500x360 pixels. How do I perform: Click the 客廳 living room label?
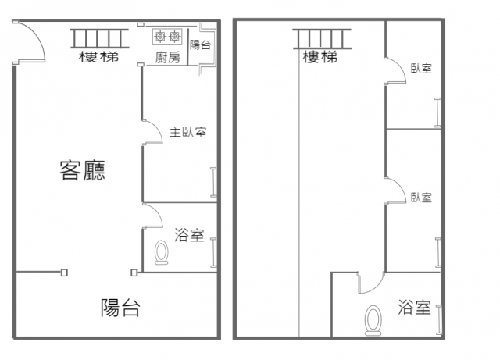[x=82, y=170]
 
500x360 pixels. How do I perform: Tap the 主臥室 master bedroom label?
[x=187, y=132]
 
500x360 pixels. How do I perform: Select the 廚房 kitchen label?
[x=168, y=58]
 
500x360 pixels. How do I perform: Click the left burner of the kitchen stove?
[x=160, y=37]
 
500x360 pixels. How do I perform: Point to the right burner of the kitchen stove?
[x=174, y=37]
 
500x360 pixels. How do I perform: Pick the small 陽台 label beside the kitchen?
[x=200, y=45]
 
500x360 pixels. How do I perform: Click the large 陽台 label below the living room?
[x=120, y=308]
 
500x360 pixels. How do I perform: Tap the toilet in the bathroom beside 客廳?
[x=162, y=252]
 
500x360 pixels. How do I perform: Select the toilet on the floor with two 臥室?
[x=373, y=320]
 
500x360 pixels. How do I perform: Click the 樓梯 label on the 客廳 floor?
[x=99, y=57]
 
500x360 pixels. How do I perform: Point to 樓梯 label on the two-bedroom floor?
[x=320, y=57]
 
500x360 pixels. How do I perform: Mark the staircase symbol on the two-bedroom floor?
[x=322, y=39]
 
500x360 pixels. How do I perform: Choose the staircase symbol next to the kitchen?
[x=99, y=38]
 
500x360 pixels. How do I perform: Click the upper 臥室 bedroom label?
[x=421, y=69]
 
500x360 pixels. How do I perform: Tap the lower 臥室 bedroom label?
[x=421, y=198]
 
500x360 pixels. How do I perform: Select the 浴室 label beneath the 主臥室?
[x=189, y=235]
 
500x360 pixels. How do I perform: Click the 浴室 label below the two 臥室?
[x=414, y=307]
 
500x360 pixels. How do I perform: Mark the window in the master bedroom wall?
[x=213, y=182]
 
